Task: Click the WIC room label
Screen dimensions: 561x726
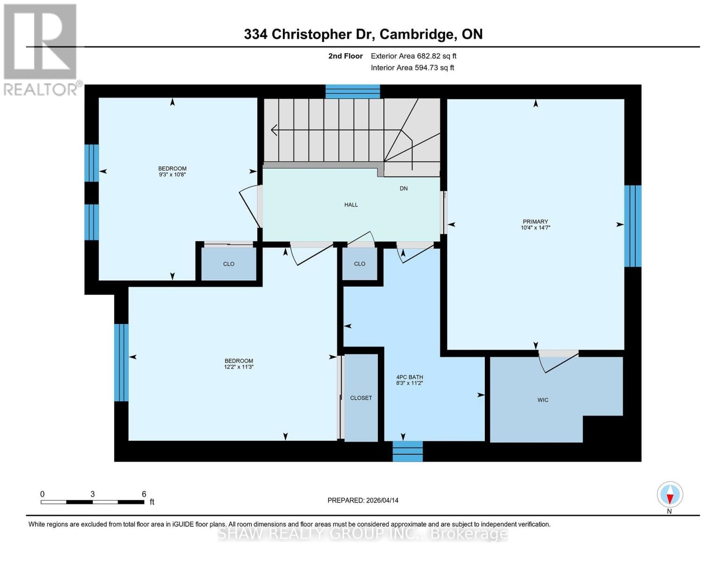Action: pyautogui.click(x=542, y=400)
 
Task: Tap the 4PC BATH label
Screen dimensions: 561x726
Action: pyautogui.click(x=409, y=377)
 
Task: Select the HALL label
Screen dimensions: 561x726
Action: pyautogui.click(x=351, y=205)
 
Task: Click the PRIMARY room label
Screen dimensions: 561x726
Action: pyautogui.click(x=535, y=222)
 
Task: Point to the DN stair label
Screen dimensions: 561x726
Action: pyautogui.click(x=403, y=188)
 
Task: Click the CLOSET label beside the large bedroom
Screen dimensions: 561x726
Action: pyautogui.click(x=361, y=398)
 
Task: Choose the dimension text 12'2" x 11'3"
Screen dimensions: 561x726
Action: pyautogui.click(x=238, y=367)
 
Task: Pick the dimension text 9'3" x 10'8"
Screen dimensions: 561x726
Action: pyautogui.click(x=172, y=174)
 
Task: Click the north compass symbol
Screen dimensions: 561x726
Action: pyautogui.click(x=669, y=494)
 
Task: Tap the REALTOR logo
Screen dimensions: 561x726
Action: pyautogui.click(x=41, y=49)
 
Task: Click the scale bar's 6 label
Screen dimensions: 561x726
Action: pyautogui.click(x=144, y=494)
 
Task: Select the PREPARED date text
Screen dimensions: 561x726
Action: pyautogui.click(x=363, y=500)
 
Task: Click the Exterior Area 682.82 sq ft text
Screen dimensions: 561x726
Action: pyautogui.click(x=413, y=56)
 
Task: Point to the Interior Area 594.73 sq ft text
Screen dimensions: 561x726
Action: pyautogui.click(x=412, y=68)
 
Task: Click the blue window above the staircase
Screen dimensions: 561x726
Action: pyautogui.click(x=352, y=92)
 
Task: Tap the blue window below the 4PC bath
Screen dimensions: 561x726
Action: pyautogui.click(x=407, y=451)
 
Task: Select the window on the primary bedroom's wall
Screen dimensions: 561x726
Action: pyautogui.click(x=633, y=226)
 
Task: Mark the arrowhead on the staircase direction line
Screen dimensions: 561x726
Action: pyautogui.click(x=274, y=130)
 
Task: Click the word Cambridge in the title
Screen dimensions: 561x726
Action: pyautogui.click(x=416, y=34)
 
